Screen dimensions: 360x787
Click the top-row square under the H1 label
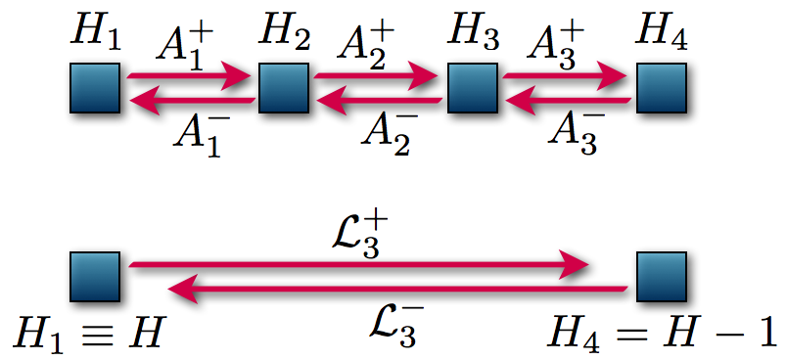[x=95, y=88]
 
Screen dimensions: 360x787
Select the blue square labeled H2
[x=284, y=88]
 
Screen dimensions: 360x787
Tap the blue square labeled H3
[x=473, y=88]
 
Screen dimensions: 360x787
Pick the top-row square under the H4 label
[x=662, y=88]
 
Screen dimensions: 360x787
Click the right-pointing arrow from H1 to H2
[x=190, y=74]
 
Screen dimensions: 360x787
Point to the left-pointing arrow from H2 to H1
[x=190, y=100]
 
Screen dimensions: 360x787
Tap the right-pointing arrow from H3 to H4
[x=567, y=74]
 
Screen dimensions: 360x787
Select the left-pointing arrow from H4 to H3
[x=567, y=100]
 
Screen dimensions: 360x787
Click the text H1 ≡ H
[x=87, y=335]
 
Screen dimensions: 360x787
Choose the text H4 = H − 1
[x=665, y=335]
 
